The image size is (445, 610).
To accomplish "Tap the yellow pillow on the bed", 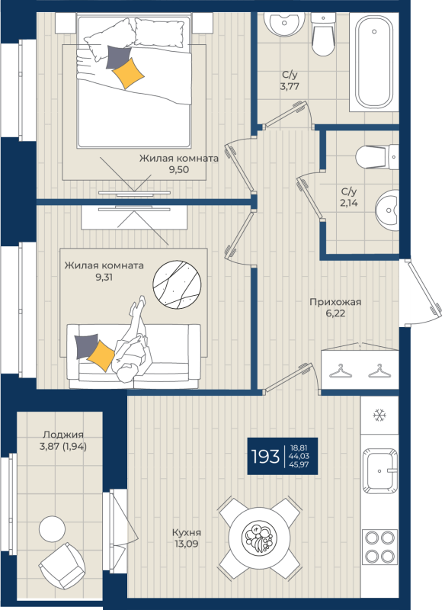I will click(126, 72).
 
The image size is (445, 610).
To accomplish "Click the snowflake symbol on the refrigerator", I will click(379, 416).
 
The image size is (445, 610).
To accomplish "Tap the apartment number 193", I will click(265, 457).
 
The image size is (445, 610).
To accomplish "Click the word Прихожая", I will click(335, 302).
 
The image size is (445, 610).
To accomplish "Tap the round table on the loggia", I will click(53, 529).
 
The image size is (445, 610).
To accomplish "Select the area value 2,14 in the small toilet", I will click(350, 203).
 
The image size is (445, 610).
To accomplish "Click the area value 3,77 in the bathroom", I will click(289, 87).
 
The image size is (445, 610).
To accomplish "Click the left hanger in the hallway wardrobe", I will click(340, 371).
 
